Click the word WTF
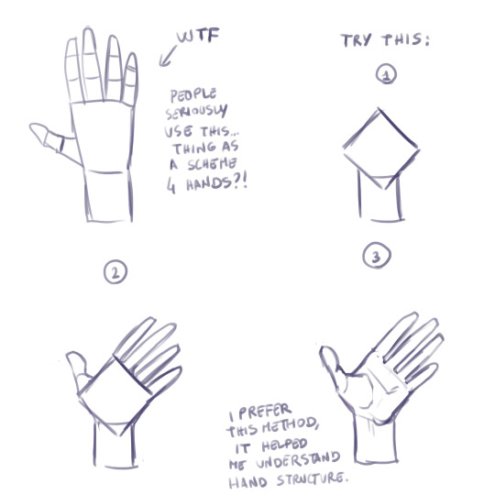click(198, 35)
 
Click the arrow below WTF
click(168, 56)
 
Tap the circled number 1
click(386, 74)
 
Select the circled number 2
click(115, 271)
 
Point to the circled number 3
click(377, 256)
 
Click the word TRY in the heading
click(357, 40)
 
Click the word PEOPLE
click(193, 95)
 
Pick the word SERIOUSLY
click(196, 112)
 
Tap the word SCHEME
click(212, 164)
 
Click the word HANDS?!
click(216, 182)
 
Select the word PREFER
click(265, 412)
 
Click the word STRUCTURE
click(313, 479)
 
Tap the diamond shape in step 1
click(381, 148)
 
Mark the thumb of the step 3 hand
click(332, 366)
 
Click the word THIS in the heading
click(406, 40)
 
